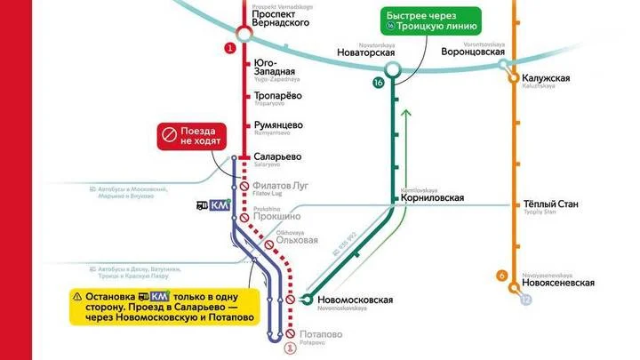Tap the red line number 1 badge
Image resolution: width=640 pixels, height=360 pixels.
click(232, 48)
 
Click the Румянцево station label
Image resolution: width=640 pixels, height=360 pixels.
click(279, 124)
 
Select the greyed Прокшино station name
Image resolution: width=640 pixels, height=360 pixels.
click(276, 215)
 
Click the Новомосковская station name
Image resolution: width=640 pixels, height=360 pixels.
click(354, 300)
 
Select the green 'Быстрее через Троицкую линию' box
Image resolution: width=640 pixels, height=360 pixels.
click(431, 20)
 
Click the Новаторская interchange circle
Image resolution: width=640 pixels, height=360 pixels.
click(392, 66)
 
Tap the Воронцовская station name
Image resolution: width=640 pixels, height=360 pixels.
click(473, 52)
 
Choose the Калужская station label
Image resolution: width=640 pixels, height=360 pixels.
click(546, 78)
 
